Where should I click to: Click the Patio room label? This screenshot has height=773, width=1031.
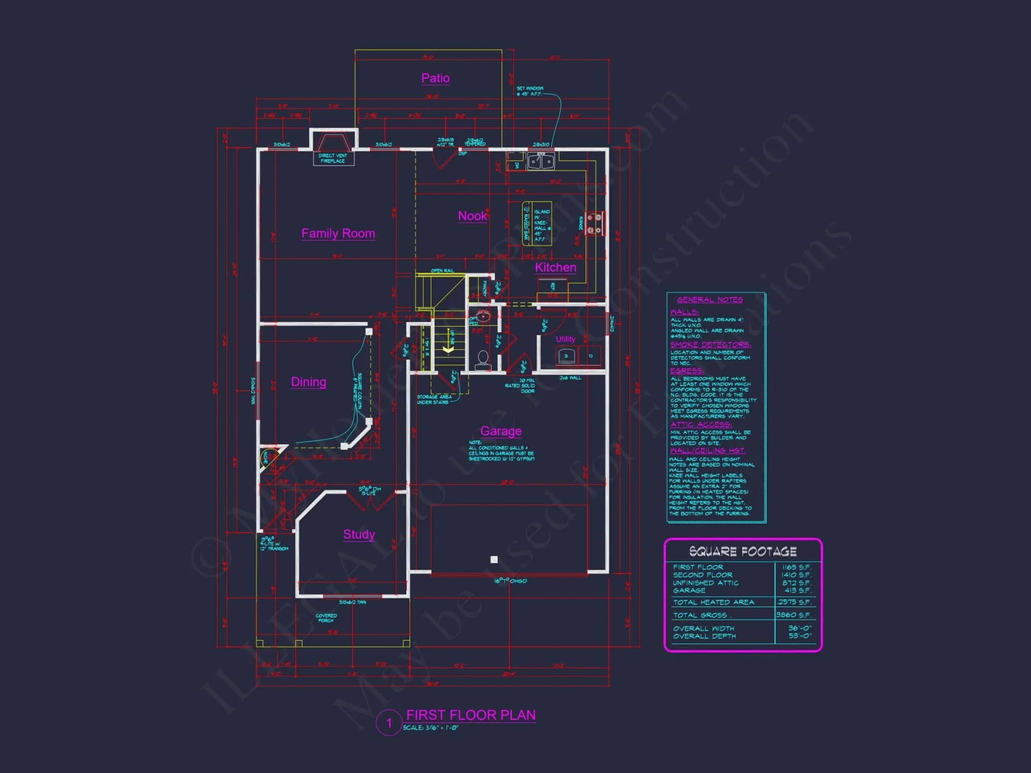click(436, 78)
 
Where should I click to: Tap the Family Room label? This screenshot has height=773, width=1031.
click(338, 233)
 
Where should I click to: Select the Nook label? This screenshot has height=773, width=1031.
click(472, 216)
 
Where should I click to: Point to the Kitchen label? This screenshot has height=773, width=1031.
click(555, 267)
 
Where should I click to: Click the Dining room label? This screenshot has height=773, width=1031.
click(308, 382)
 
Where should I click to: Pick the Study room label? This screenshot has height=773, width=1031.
click(359, 534)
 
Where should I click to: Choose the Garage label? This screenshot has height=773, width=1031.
click(501, 431)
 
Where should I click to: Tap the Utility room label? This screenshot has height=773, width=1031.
click(565, 339)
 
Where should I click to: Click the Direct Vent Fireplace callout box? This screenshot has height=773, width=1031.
click(333, 158)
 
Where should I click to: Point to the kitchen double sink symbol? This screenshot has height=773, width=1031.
click(541, 162)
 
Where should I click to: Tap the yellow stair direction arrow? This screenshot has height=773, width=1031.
click(448, 349)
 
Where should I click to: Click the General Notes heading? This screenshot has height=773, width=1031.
click(710, 300)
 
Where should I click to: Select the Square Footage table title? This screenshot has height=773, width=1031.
click(743, 551)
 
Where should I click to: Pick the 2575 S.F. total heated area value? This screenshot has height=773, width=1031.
click(794, 602)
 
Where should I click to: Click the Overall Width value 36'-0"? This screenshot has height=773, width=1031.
click(800, 628)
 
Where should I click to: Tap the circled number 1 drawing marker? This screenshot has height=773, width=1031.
click(389, 723)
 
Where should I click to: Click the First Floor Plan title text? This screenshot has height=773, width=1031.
click(471, 715)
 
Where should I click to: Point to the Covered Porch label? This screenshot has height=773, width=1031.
click(326, 618)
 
